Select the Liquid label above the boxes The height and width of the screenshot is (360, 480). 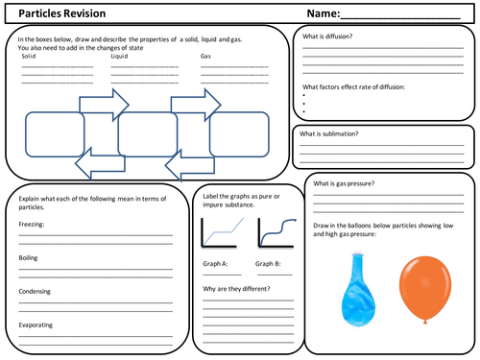point(119,56)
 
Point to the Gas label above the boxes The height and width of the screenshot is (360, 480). point(205,56)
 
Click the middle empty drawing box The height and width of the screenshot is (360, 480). point(147,133)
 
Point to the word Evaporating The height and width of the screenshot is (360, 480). point(36,324)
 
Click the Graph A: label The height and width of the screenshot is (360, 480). point(215,263)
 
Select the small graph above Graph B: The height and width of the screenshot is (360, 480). point(274,234)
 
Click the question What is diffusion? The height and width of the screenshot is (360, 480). point(327,36)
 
